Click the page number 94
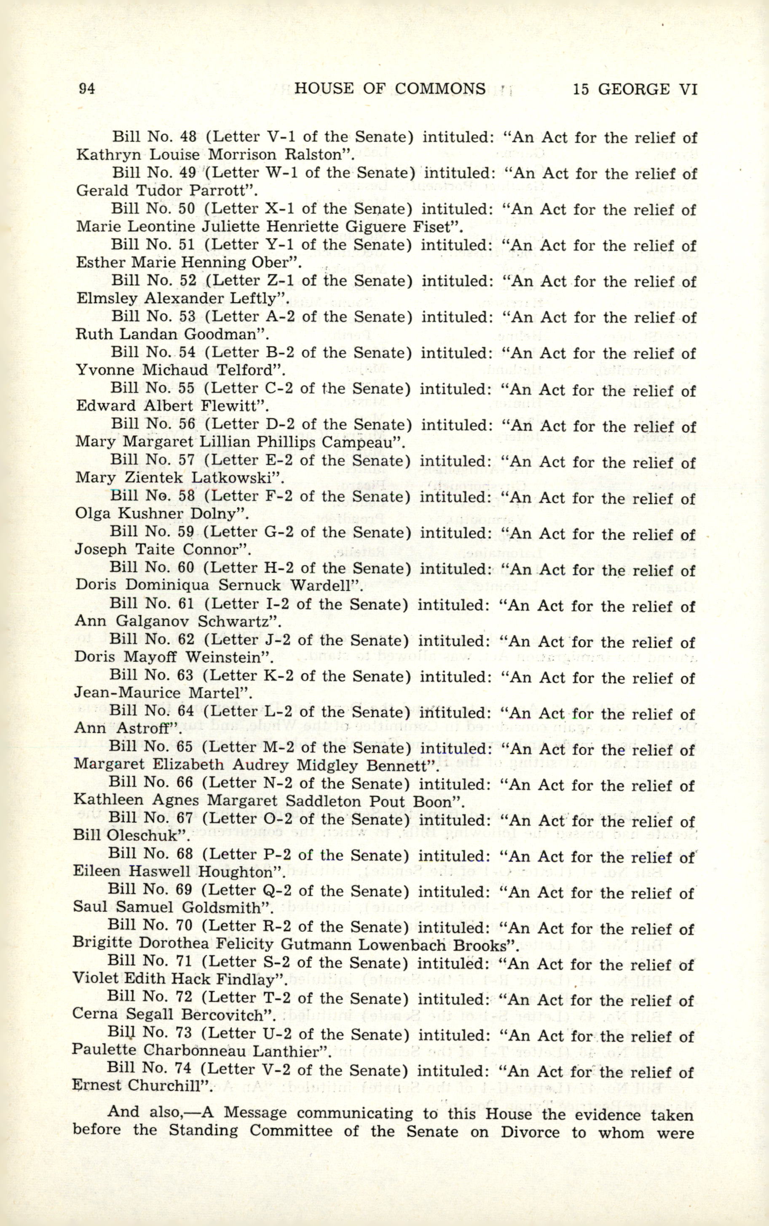87,89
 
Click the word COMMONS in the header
440,89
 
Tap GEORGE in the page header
633,89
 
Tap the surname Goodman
222,334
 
